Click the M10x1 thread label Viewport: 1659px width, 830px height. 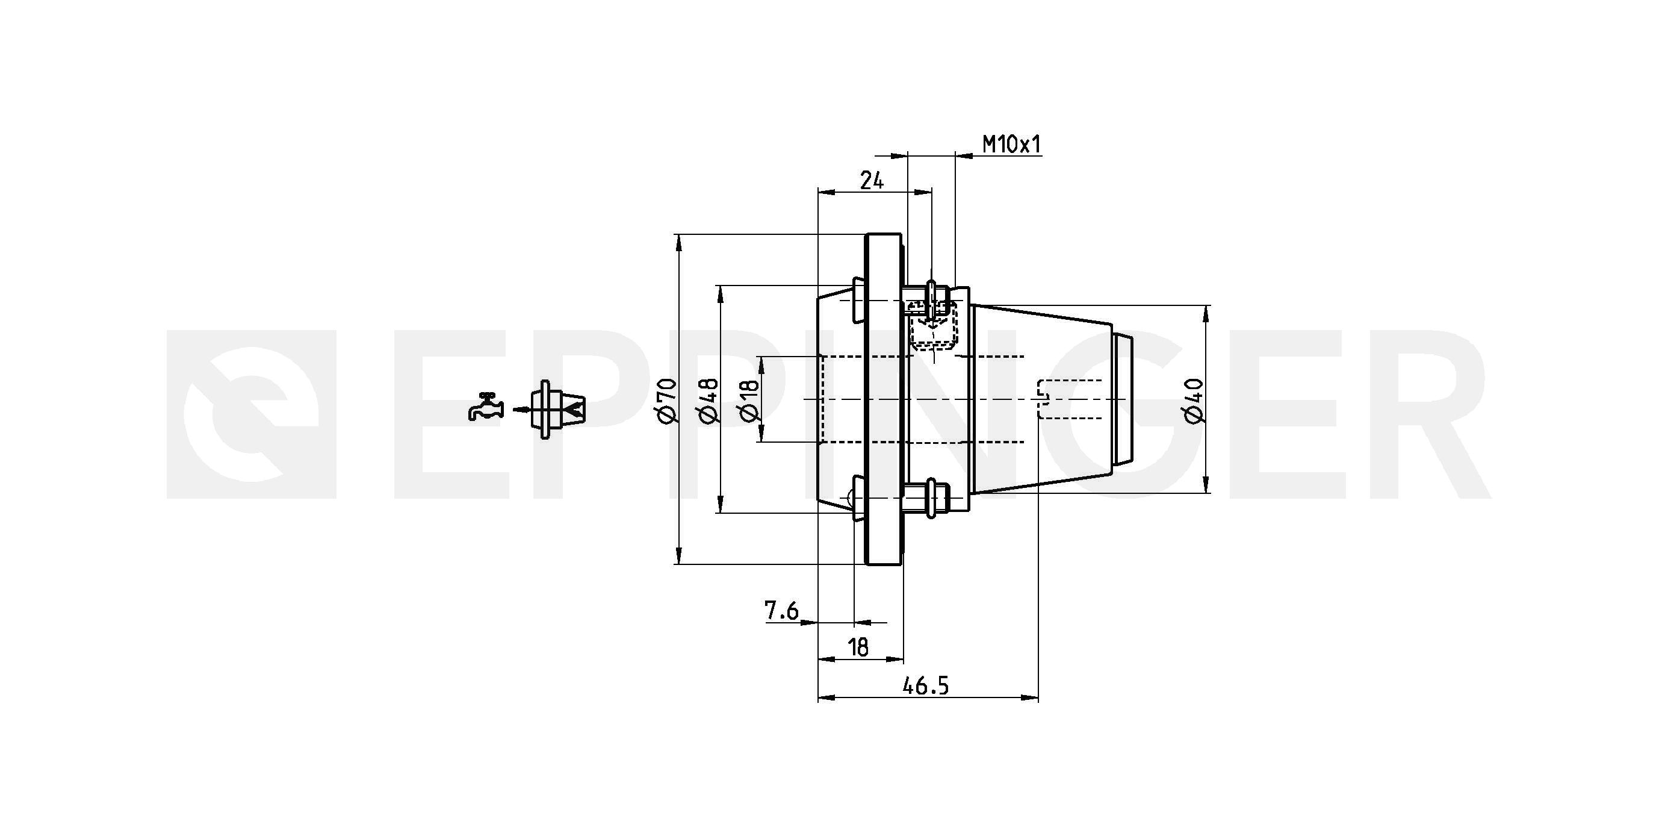[1011, 145]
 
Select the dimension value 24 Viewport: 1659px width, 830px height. [872, 181]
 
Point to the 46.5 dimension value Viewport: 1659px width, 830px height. [925, 686]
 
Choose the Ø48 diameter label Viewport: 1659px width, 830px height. [708, 399]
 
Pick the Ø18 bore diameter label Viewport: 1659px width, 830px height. [750, 399]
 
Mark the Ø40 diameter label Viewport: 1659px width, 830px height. [1194, 400]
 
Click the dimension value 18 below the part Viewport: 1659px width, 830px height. [858, 646]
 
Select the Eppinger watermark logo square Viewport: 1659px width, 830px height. [251, 414]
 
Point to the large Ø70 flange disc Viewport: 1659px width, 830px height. [884, 399]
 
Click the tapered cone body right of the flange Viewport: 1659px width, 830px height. [1041, 399]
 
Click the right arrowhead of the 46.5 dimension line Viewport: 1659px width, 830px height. [1031, 697]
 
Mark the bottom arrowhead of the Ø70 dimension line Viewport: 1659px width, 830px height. [678, 556]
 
